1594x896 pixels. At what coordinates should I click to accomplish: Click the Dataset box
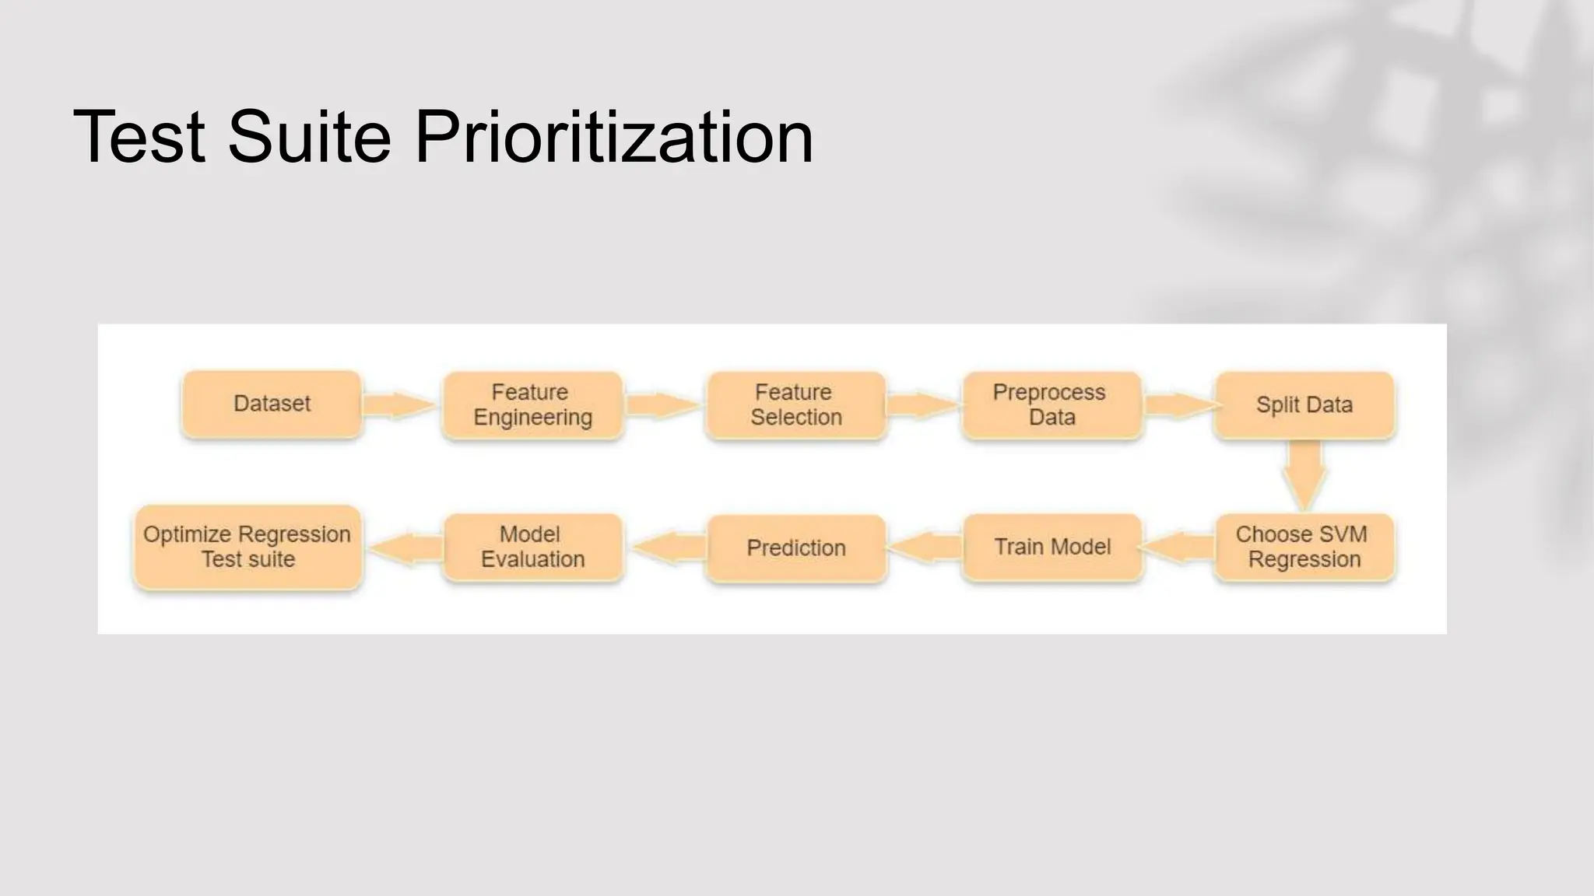tap(272, 404)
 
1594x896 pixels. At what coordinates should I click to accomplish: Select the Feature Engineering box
tap(532, 405)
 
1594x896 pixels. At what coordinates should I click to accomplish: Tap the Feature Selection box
tap(795, 405)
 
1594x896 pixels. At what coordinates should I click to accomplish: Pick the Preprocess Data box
tap(1052, 405)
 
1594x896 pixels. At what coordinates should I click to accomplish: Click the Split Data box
tap(1304, 405)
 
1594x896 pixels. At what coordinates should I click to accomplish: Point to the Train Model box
tap(1052, 547)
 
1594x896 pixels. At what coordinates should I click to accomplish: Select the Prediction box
tap(795, 548)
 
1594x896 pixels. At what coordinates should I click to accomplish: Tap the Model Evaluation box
tap(532, 547)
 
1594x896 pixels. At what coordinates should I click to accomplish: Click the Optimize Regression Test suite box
tap(248, 547)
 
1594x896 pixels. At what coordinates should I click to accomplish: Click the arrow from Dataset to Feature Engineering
tap(398, 405)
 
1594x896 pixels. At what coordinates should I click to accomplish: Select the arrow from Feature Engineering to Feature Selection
tap(662, 405)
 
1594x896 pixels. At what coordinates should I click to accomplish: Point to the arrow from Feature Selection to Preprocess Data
tap(922, 405)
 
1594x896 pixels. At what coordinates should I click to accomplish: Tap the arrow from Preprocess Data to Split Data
tap(1178, 405)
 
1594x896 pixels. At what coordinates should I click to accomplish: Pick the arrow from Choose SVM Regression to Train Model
tap(1178, 548)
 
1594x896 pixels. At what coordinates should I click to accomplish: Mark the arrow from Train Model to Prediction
tap(925, 548)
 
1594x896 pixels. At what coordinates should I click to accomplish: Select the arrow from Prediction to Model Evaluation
tap(668, 548)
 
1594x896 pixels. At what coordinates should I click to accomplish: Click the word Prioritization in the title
tap(614, 137)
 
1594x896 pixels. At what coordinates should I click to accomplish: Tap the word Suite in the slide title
tap(309, 137)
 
